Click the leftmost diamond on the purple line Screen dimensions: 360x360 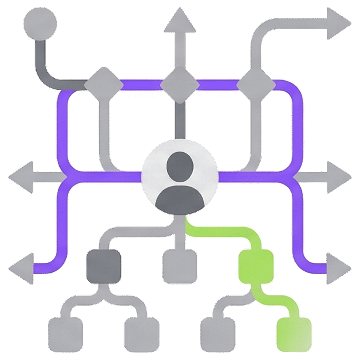coord(103,85)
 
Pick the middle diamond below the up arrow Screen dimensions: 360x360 coord(180,85)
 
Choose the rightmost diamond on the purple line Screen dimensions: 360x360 coord(256,85)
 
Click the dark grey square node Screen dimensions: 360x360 coord(104,266)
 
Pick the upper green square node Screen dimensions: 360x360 coord(256,266)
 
